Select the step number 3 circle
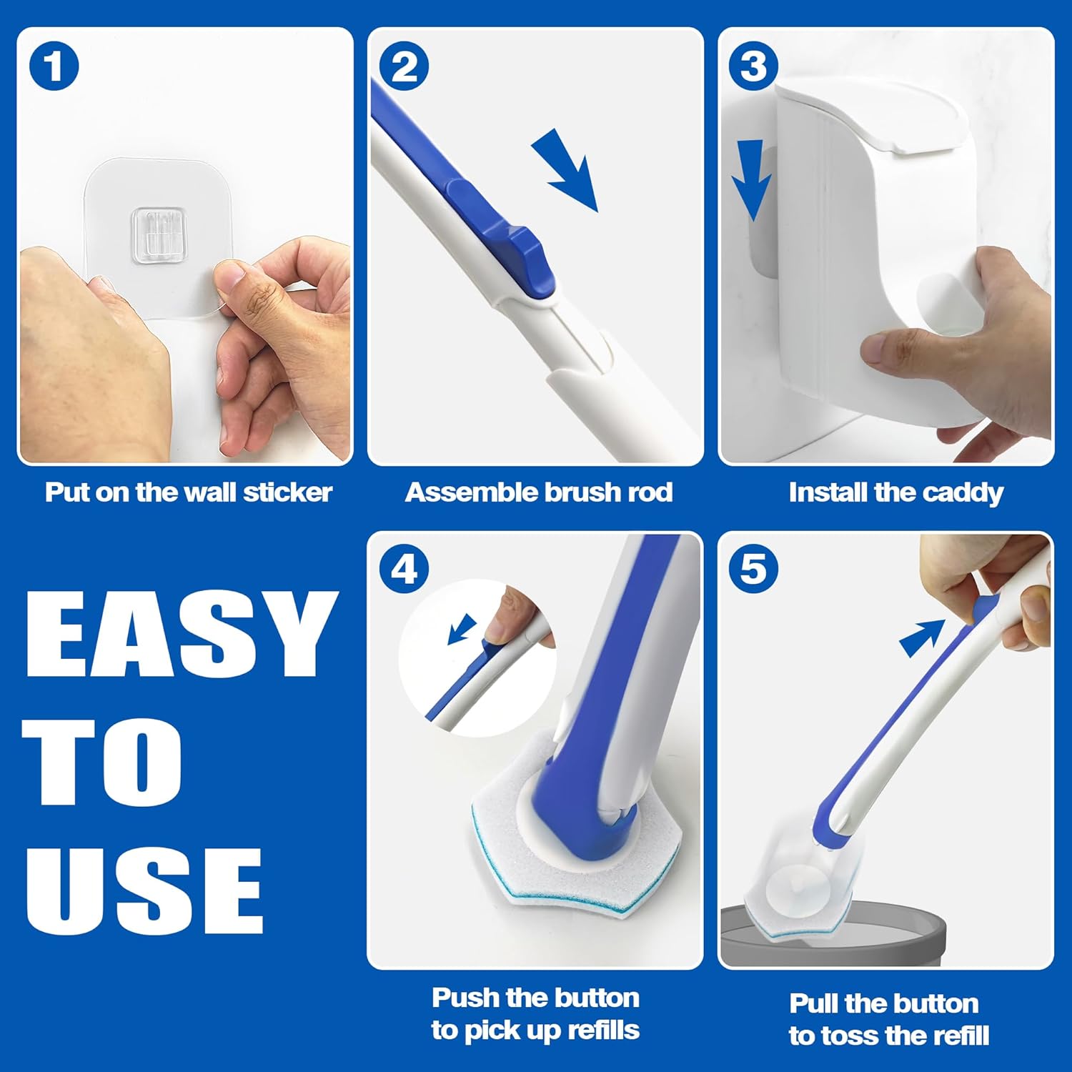click(753, 66)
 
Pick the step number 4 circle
click(404, 570)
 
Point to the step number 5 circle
click(753, 570)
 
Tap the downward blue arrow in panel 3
click(751, 179)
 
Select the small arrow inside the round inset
click(462, 628)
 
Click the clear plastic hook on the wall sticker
click(159, 232)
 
